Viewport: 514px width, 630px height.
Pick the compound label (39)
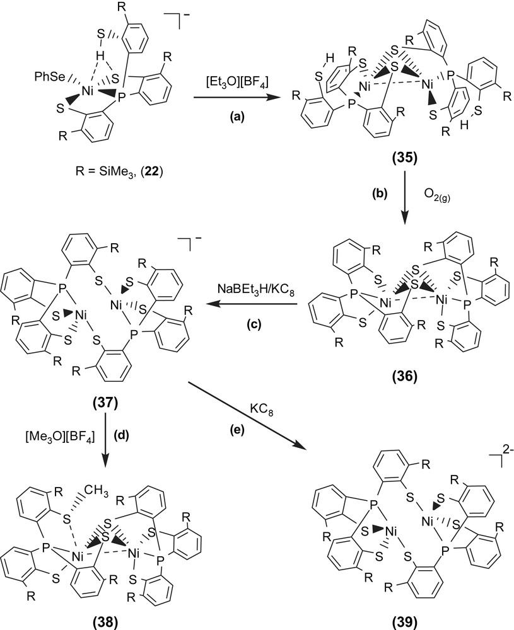point(402,621)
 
